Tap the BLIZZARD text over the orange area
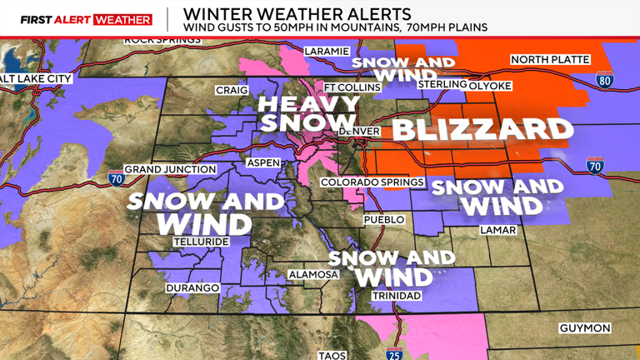pyautogui.click(x=482, y=130)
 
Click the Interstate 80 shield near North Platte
pyautogui.click(x=604, y=81)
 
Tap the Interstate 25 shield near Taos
pyautogui.click(x=395, y=352)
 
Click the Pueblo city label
pyautogui.click(x=384, y=220)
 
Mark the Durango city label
pyautogui.click(x=192, y=287)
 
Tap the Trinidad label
pyautogui.click(x=398, y=296)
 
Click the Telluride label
pyautogui.click(x=197, y=241)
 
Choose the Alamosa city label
pyautogui.click(x=312, y=274)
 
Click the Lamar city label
pyautogui.click(x=498, y=230)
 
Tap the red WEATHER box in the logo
pyautogui.click(x=123, y=19)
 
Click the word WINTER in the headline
pyautogui.click(x=212, y=14)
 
